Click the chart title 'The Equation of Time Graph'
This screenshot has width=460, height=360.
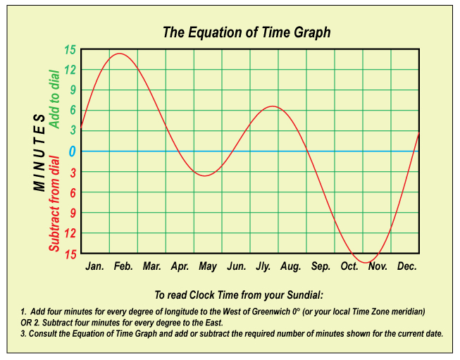(247, 32)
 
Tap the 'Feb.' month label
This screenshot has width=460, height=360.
(123, 266)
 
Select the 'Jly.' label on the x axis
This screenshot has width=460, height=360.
(263, 266)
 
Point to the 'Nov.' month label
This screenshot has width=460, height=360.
(378, 266)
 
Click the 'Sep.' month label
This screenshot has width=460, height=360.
(321, 266)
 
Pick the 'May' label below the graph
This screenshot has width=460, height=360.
(208, 266)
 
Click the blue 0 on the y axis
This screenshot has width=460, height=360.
(72, 151)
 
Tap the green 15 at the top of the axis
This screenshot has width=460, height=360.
(70, 50)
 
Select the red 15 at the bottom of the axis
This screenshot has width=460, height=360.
(70, 254)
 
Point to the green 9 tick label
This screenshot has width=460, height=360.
(73, 90)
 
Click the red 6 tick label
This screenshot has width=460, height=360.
(73, 193)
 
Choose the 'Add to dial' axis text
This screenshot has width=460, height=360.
(54, 99)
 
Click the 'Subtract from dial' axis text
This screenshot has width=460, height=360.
(54, 204)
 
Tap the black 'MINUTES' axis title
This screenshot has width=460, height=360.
(39, 153)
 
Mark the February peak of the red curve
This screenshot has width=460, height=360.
(119, 54)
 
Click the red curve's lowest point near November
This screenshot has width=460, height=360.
(366, 263)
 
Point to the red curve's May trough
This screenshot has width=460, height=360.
(205, 175)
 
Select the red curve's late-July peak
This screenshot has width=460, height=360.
(273, 106)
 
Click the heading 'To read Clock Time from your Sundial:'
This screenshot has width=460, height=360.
(239, 295)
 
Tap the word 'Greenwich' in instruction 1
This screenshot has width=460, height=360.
(271, 311)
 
